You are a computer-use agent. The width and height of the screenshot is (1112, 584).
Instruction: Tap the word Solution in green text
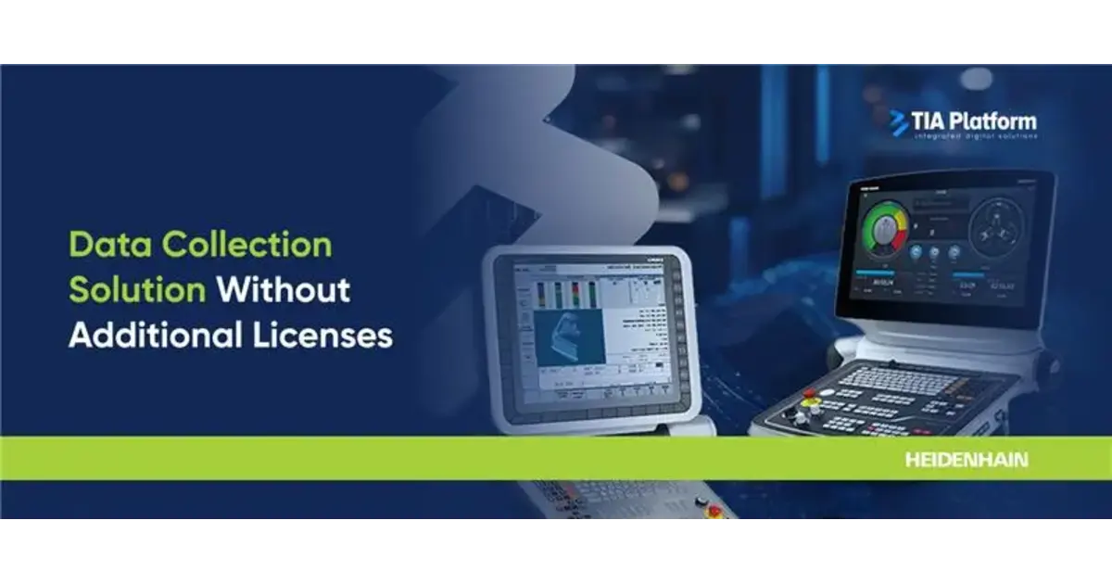pos(137,290)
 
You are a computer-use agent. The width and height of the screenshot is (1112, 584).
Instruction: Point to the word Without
pos(284,290)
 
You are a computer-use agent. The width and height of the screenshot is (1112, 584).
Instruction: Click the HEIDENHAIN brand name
pos(967,460)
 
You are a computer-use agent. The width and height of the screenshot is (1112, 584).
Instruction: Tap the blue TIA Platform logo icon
pos(899,123)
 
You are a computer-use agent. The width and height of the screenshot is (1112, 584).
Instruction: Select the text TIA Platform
pos(974,121)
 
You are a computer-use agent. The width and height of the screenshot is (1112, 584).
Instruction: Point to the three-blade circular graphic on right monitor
pos(999,232)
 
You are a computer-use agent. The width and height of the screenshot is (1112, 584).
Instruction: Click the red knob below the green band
pos(714,511)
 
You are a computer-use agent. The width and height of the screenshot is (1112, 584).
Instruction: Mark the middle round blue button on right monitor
pos(933,252)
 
